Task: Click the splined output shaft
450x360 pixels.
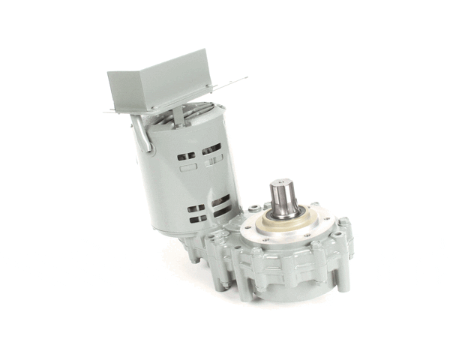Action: point(284,198)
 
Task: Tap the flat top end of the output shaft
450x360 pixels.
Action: point(283,184)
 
